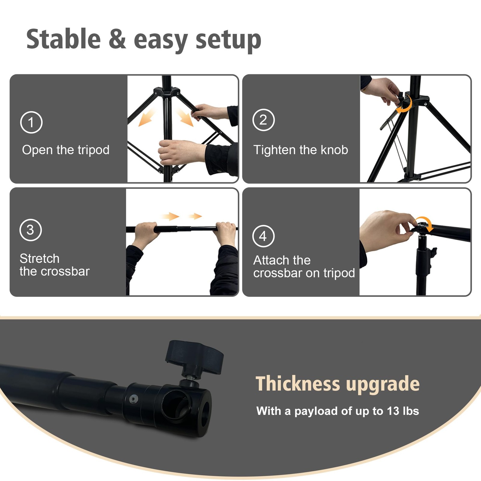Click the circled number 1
click(31, 122)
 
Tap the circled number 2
click(263, 120)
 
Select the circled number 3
click(30, 230)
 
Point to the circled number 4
click(263, 236)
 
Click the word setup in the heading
click(228, 41)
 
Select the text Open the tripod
click(66, 150)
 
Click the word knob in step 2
click(334, 149)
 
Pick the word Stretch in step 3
click(39, 259)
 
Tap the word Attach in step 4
click(274, 260)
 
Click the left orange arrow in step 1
click(147, 117)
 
